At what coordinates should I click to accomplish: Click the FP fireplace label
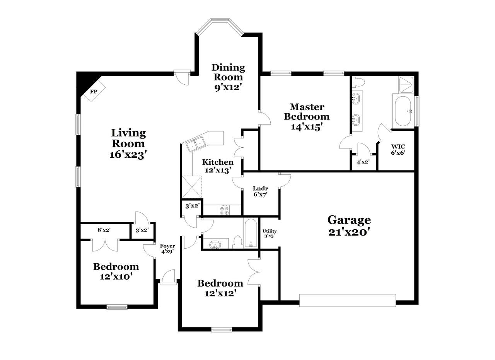pos(94,91)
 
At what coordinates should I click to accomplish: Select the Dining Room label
pos(228,72)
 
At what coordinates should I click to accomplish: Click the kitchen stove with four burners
pos(224,210)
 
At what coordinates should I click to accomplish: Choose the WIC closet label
pos(398,147)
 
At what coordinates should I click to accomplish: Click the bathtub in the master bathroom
pos(403,111)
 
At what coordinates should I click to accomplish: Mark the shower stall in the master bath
pos(406,85)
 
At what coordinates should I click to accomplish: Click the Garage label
pos(349,220)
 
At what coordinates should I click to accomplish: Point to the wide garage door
pos(347,300)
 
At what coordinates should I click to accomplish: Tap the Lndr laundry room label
pos(260,188)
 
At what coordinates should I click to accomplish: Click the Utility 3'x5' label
pos(270,234)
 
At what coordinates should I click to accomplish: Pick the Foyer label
pos(167,246)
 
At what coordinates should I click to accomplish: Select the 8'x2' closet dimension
pos(104,230)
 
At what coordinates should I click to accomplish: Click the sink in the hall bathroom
pos(215,245)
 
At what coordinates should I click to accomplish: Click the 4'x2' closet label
pos(363,162)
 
